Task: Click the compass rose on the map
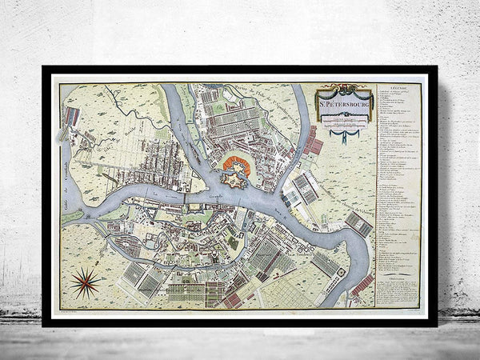pyautogui.click(x=85, y=279)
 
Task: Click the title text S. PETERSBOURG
pyautogui.click(x=345, y=102)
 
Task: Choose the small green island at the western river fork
pyautogui.click(x=73, y=215)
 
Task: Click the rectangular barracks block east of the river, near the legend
pyautogui.click(x=358, y=225)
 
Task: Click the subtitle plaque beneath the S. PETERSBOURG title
pyautogui.click(x=345, y=117)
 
